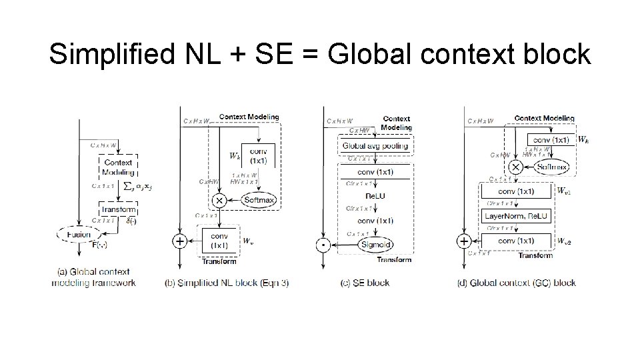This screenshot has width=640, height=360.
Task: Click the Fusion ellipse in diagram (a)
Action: (79, 234)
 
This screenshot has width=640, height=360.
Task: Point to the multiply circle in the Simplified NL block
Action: (218, 200)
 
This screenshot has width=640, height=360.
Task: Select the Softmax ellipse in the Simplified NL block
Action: (259, 200)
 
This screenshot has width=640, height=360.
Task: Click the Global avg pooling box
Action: (375, 145)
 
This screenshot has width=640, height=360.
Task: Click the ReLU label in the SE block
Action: (375, 196)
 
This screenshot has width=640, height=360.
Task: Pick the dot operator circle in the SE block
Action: (323, 245)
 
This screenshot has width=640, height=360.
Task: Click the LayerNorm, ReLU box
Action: (515, 215)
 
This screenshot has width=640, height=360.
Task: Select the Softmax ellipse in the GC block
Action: (551, 167)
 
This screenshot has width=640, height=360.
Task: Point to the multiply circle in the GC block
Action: (515, 167)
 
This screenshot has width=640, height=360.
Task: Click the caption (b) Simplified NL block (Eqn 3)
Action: (226, 283)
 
